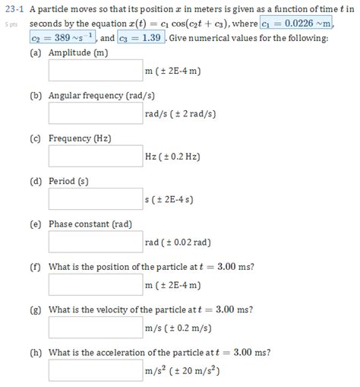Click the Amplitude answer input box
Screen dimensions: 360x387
pos(96,71)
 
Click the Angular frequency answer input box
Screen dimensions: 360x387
pos(96,114)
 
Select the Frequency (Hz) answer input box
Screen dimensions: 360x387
pos(96,157)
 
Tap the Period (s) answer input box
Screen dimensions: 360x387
pos(96,199)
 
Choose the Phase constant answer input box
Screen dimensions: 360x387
pos(96,242)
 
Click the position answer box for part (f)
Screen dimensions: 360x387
pos(96,284)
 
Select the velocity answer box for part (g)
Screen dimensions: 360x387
pos(96,327)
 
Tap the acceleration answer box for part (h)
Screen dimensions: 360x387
pos(96,370)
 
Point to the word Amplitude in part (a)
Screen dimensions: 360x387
pos(70,54)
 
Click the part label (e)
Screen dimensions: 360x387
pos(36,224)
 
